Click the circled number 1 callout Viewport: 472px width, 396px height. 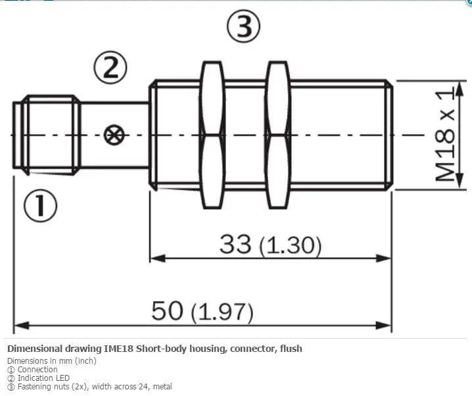(x=40, y=206)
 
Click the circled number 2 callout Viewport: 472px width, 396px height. (x=110, y=68)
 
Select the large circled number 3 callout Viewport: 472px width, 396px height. (x=243, y=26)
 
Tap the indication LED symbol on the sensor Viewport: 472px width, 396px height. (x=114, y=135)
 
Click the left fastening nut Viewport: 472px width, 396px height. (x=213, y=135)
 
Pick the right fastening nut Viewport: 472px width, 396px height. (x=278, y=135)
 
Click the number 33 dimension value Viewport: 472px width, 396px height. (x=235, y=243)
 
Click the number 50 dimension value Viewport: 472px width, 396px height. (x=167, y=310)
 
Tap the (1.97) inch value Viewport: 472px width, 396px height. (x=222, y=312)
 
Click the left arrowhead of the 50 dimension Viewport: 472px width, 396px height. (x=22, y=325)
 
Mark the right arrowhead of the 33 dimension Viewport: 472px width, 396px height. (x=383, y=258)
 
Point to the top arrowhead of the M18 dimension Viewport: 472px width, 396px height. (x=460, y=89)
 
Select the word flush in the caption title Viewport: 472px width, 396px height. (x=291, y=349)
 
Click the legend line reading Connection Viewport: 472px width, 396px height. (x=32, y=370)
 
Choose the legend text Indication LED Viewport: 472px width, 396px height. (x=39, y=378)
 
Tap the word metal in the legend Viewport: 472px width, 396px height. (x=163, y=386)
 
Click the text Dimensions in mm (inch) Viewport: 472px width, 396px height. (x=52, y=360)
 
